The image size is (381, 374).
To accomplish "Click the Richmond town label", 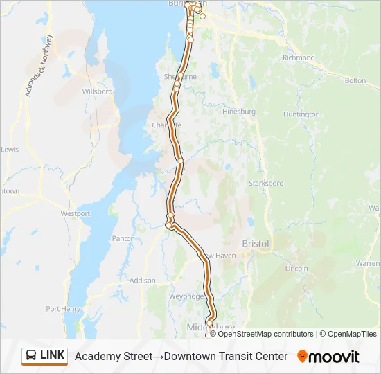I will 299,58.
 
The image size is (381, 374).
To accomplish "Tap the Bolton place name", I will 355,81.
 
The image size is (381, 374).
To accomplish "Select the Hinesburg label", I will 239,112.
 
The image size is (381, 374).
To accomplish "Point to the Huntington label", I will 301,114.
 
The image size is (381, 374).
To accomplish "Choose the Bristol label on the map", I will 255,243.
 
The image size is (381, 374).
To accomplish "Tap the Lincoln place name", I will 296,268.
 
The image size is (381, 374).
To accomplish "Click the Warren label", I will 368,264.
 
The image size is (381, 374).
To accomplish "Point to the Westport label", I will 76,214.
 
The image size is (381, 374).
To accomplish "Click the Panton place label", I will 123,239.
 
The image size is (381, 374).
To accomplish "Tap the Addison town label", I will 142,280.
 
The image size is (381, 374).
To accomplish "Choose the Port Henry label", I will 63,309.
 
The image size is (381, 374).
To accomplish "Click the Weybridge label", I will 186,296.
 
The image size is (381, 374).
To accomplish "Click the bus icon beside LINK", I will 31,356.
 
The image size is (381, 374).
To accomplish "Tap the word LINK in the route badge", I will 53,355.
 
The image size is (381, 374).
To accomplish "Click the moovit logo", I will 328,357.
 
